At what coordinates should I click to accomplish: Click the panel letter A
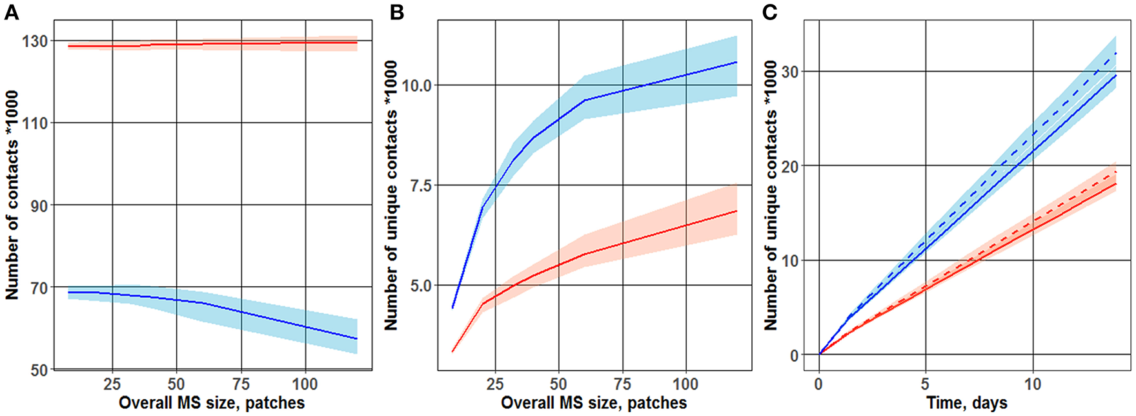pos(12,13)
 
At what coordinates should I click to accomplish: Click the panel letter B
pos(397,13)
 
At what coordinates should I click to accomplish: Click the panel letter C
pos(770,13)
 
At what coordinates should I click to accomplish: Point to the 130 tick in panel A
pos(35,41)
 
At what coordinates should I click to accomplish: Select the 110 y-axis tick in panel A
pos(35,123)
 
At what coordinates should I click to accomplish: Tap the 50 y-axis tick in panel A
pos(39,369)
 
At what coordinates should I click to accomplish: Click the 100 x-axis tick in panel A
pos(305,384)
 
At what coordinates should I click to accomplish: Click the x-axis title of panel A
pos(212,403)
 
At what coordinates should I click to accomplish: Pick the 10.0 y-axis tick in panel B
pos(416,85)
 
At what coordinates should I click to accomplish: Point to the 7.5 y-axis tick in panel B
pos(421,185)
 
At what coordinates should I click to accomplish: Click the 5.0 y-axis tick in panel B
pos(421,285)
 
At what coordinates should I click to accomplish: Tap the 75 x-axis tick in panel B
pos(622,384)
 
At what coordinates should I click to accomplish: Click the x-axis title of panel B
pos(594,403)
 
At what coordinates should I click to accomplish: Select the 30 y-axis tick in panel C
pos(789,71)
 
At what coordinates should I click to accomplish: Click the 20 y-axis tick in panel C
pos(789,166)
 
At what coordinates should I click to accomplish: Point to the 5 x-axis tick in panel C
pos(926,384)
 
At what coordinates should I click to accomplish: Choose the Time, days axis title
pos(967,403)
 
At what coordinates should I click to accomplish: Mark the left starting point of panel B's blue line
pos(453,308)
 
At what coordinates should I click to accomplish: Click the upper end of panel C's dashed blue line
pos(1116,53)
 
